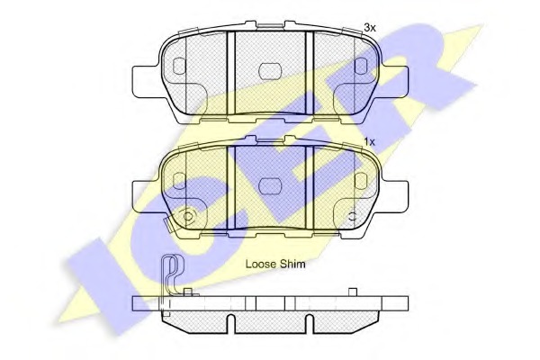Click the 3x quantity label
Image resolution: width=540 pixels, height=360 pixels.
(370, 28)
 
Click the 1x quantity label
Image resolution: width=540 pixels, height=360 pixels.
(370, 141)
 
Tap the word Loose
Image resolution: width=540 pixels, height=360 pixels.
(261, 265)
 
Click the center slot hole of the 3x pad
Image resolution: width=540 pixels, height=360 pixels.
(270, 71)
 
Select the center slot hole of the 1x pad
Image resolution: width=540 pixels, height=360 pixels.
(270, 186)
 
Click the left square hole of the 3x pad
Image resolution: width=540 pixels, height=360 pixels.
(179, 66)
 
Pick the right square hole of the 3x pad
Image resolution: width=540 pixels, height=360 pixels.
(361, 66)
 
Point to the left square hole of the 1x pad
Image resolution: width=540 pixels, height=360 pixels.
(179, 181)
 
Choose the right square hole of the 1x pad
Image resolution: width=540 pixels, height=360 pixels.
(361, 181)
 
